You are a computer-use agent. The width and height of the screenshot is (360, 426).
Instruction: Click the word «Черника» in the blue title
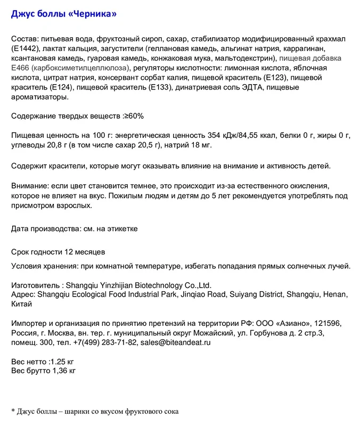click(x=93, y=14)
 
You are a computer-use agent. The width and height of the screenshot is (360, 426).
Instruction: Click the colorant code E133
click(x=162, y=87)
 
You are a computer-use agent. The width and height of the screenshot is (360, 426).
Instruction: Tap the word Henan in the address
click(x=334, y=294)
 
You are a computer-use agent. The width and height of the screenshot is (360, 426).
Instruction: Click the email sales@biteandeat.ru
click(x=175, y=342)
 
